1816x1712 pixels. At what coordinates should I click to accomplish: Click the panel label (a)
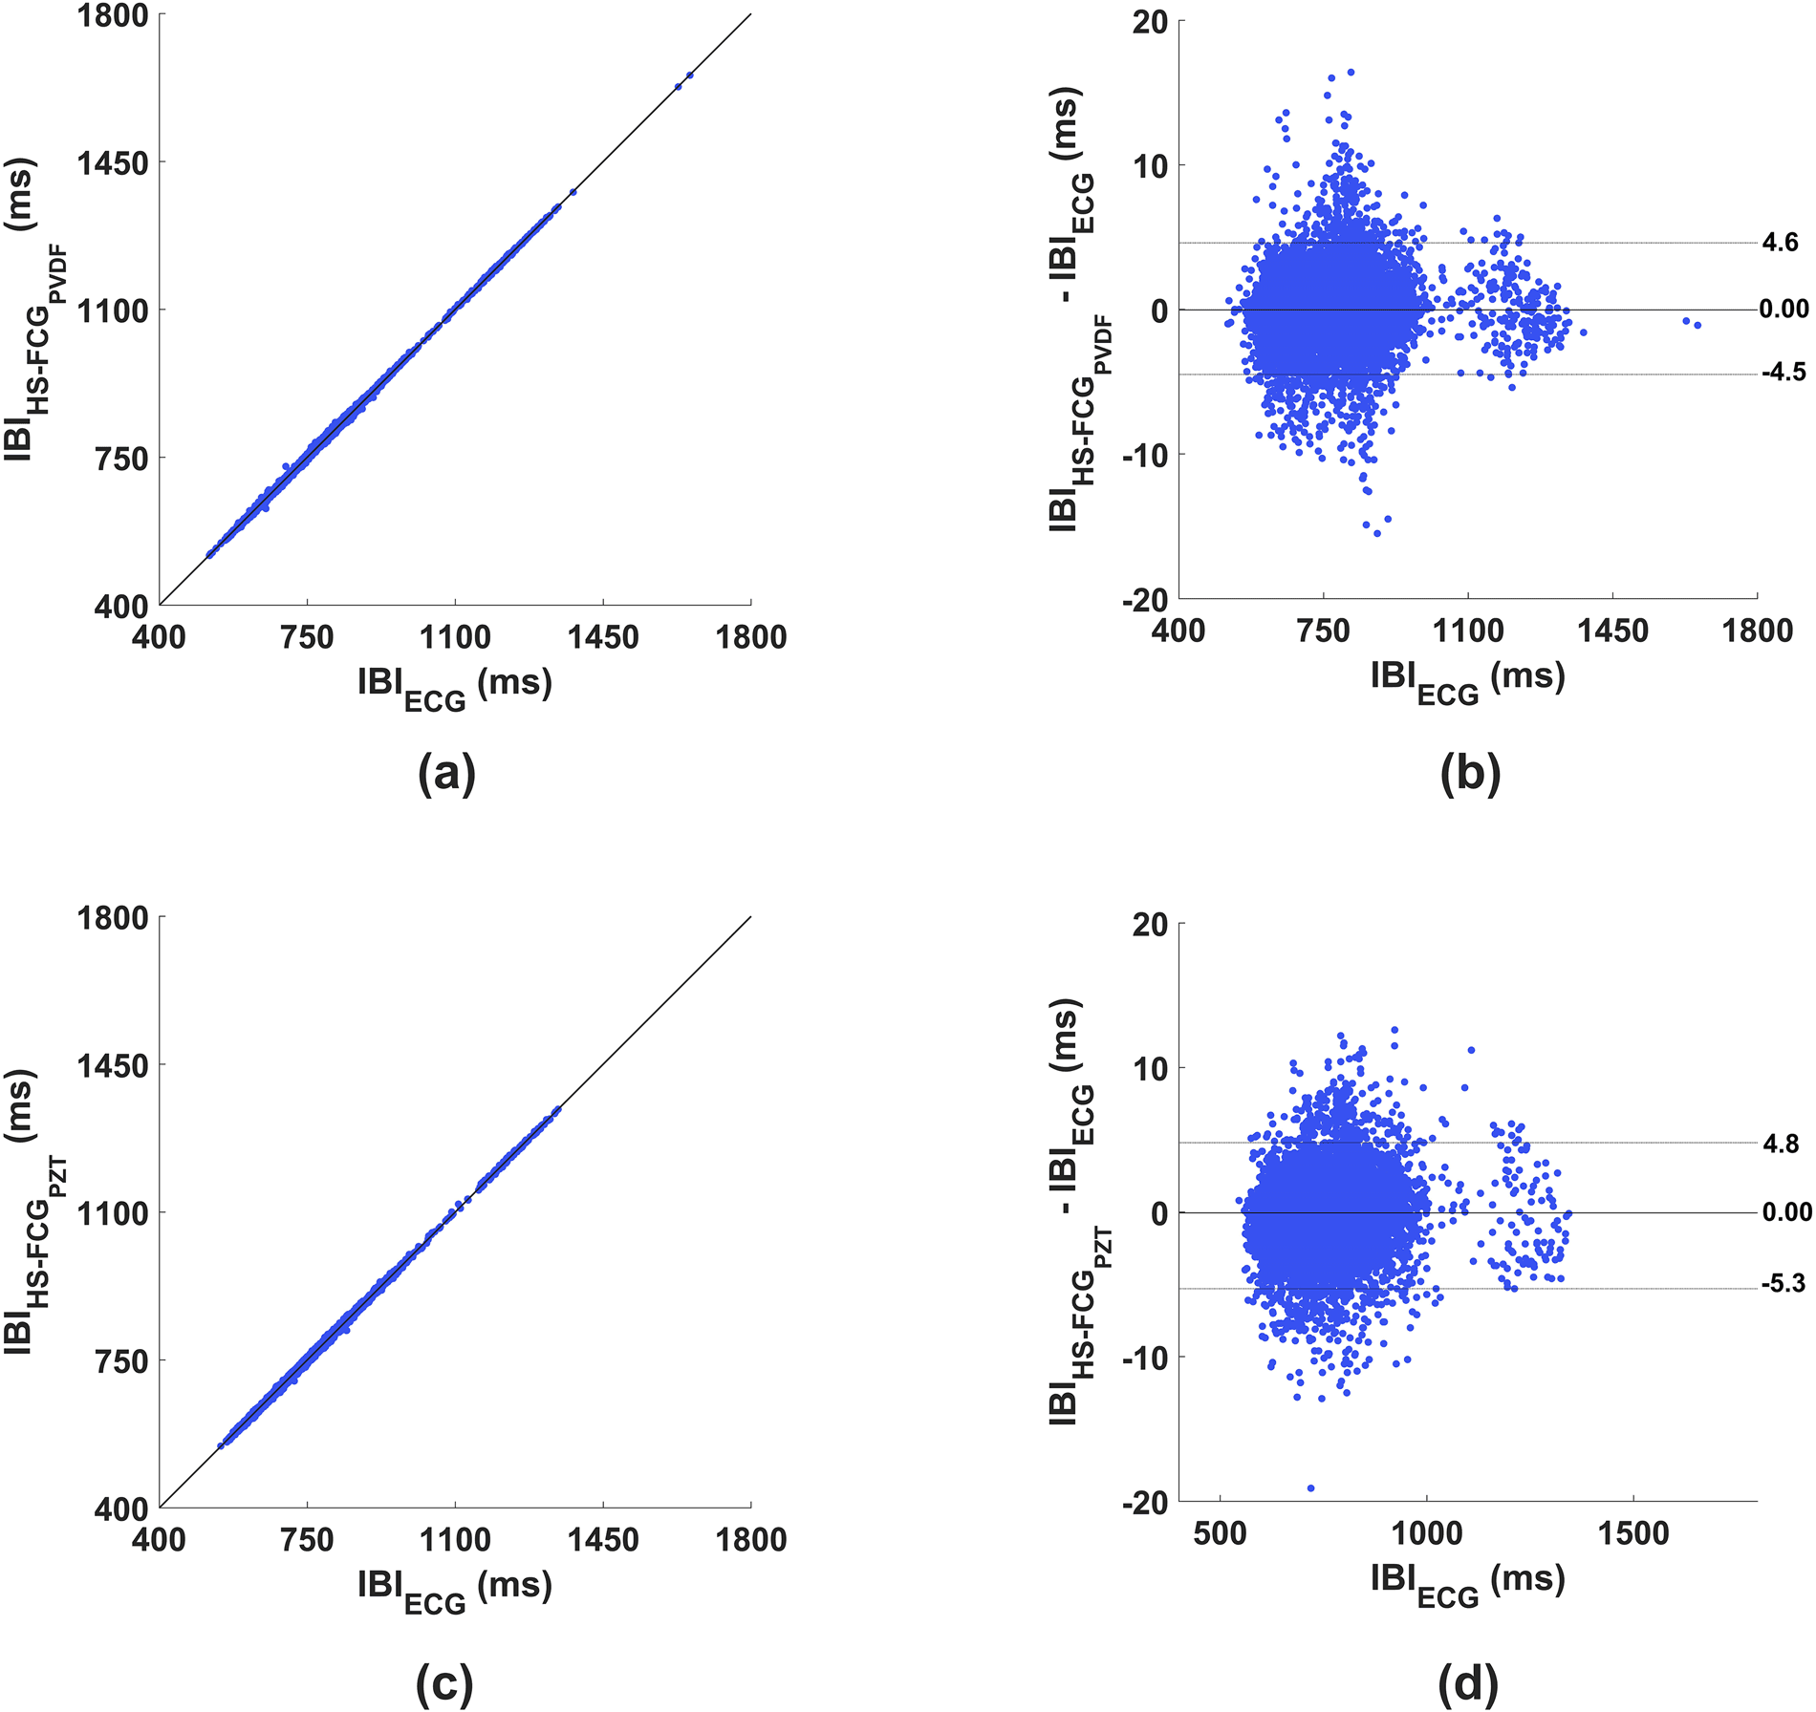coord(446,775)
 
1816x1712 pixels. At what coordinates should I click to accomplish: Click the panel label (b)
coord(1470,775)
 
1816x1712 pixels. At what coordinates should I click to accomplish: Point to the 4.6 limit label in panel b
coord(1780,243)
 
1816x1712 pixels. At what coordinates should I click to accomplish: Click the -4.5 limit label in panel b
coord(1784,373)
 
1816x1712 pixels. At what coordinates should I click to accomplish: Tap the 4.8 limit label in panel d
coord(1781,1144)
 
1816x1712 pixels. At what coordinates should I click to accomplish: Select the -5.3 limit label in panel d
coord(1784,1284)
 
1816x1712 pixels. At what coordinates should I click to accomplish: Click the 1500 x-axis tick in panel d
coord(1632,1534)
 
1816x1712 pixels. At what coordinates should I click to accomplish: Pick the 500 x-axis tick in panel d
coord(1221,1534)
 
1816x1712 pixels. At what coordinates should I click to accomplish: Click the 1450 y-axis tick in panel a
coord(113,163)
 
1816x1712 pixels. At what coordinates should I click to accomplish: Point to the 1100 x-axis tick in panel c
coord(455,1540)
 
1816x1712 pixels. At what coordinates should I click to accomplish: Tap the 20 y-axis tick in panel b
coord(1150,21)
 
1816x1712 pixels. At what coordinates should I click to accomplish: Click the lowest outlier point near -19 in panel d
coord(1310,1488)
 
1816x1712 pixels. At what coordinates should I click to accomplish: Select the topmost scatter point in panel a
coord(689,75)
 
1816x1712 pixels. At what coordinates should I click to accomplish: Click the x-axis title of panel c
coord(455,1591)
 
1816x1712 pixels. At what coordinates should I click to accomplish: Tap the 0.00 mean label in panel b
coord(1784,309)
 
